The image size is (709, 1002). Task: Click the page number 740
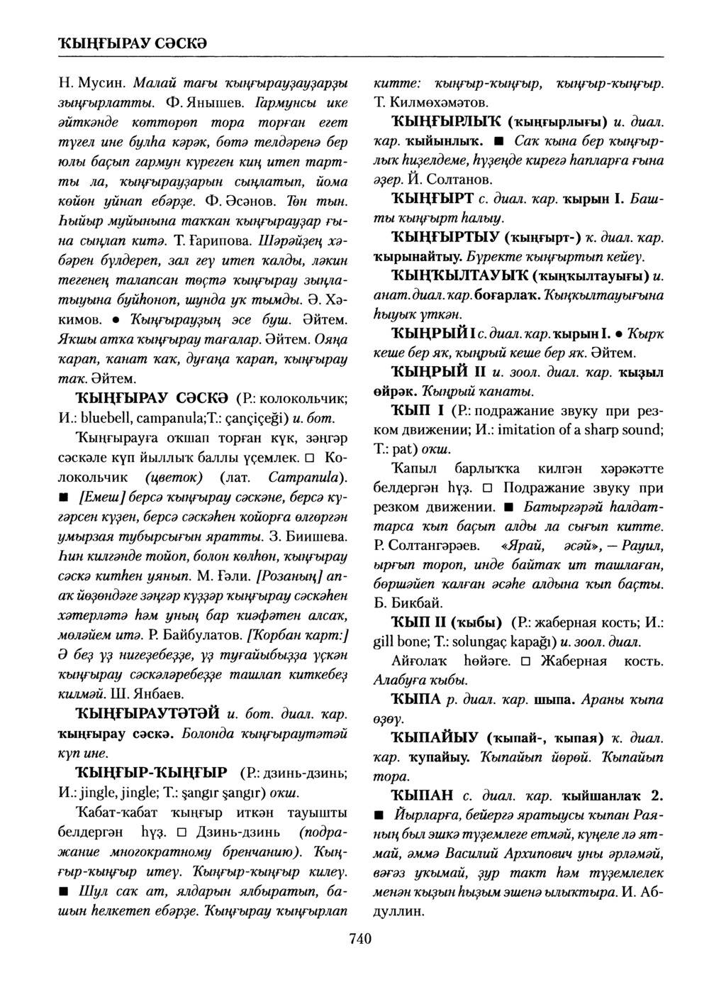coord(360,939)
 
